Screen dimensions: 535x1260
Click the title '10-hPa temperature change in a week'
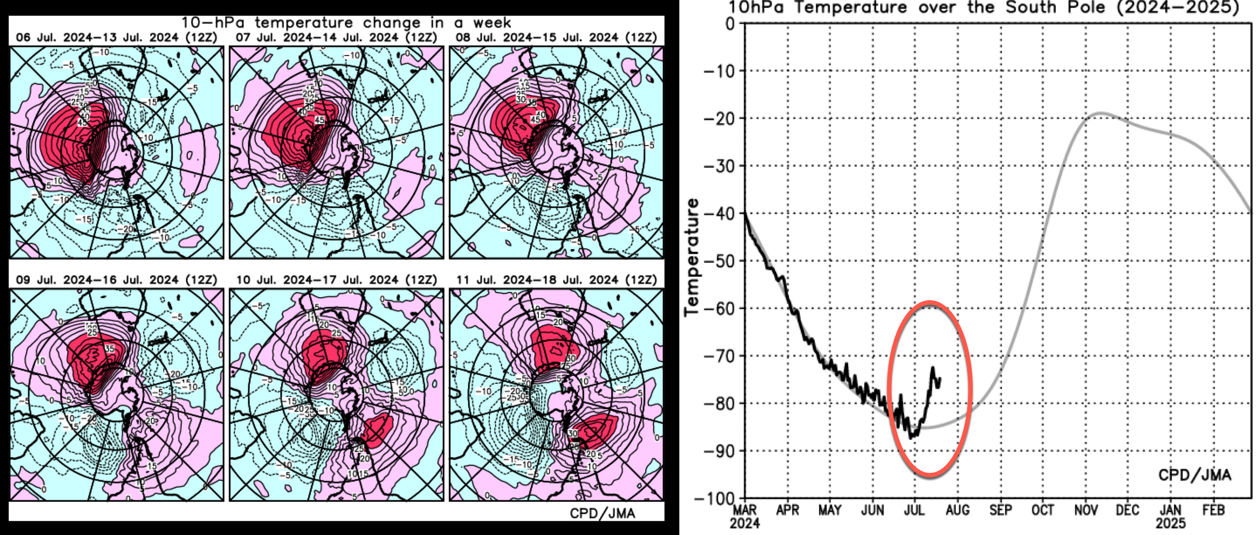click(346, 23)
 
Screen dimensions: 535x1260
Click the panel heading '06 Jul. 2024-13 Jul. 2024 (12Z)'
click(117, 38)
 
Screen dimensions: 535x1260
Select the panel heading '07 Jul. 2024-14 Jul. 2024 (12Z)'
click(336, 38)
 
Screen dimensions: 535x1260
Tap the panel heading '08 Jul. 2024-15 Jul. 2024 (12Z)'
click(556, 38)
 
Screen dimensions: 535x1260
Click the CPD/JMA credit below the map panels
click(602, 513)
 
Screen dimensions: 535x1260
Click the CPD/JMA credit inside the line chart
click(1194, 475)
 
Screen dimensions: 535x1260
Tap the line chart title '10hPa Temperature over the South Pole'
click(983, 7)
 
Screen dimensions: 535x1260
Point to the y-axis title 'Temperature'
click(692, 257)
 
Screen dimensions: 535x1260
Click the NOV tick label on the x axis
click(1085, 511)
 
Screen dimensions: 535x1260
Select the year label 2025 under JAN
click(1170, 523)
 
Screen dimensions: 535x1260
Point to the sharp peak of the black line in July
click(933, 368)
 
